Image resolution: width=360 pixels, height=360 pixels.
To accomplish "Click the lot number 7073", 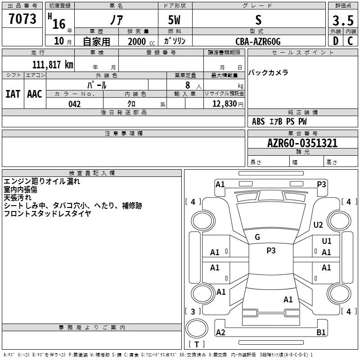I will point(22,19).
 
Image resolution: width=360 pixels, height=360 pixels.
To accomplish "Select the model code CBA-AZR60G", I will point(258,41).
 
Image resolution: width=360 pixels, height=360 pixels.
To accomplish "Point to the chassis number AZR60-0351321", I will point(302,144).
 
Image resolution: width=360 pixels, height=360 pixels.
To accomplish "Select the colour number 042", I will point(75,104).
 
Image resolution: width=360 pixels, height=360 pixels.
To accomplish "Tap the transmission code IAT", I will point(13,94).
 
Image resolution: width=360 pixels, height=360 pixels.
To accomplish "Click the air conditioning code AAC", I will point(35,94).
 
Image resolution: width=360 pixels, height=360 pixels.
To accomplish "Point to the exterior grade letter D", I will point(335,41).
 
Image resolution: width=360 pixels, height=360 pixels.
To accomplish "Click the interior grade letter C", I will point(350,41).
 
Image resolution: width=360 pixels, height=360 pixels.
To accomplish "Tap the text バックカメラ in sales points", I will point(268,73).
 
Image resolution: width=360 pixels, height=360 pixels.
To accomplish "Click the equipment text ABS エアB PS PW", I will point(279,121).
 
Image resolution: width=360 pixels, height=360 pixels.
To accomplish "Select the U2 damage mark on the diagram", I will point(319,225).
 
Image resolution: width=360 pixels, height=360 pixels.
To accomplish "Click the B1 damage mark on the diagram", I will point(321,333).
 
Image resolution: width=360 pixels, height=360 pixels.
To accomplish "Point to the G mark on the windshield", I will point(257,237).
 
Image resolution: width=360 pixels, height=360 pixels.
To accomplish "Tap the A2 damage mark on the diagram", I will point(220,333).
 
